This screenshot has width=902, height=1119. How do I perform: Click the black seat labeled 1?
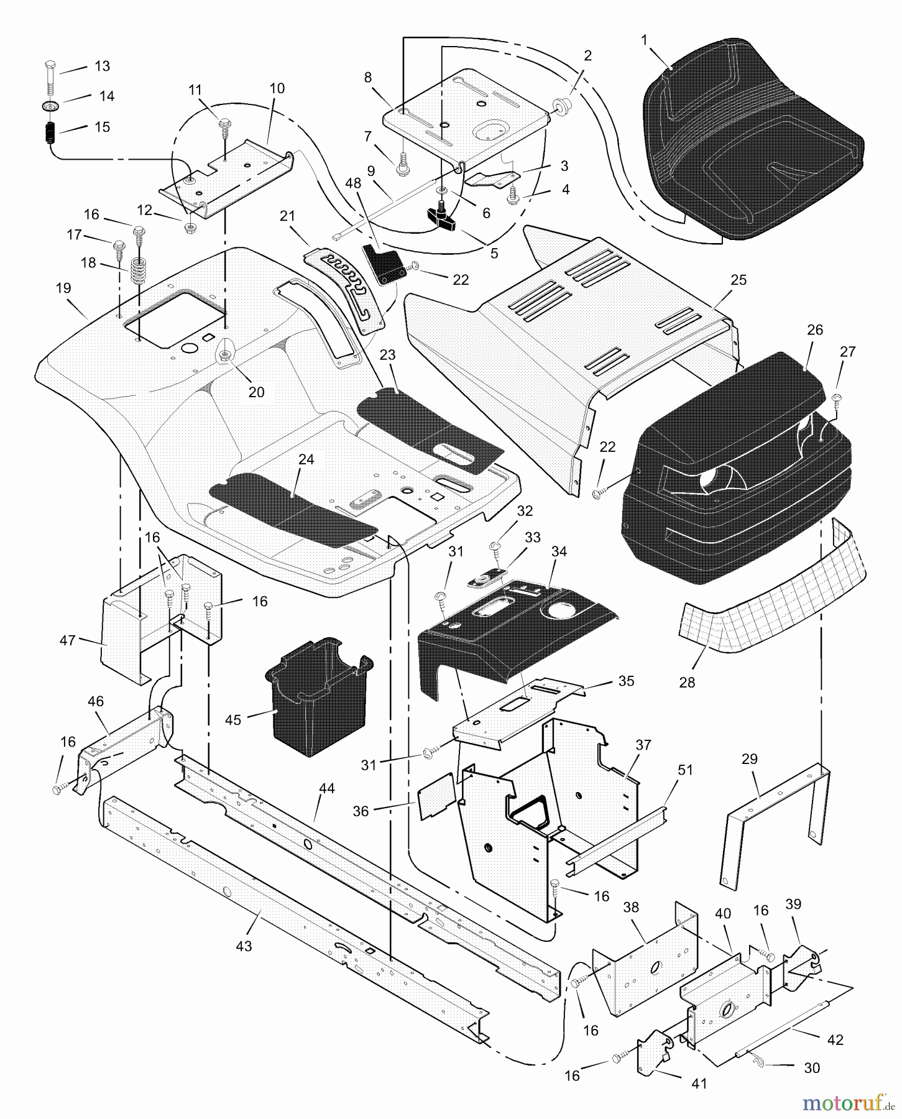click(752, 143)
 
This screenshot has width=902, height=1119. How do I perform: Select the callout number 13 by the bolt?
click(101, 66)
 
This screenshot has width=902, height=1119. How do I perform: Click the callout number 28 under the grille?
click(687, 682)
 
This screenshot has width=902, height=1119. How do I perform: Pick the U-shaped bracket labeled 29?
click(777, 821)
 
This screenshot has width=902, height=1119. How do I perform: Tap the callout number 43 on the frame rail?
click(244, 946)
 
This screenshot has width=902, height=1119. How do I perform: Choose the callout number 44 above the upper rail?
click(326, 788)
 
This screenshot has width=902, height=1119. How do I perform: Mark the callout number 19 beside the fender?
click(63, 288)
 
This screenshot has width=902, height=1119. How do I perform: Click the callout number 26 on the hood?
click(814, 329)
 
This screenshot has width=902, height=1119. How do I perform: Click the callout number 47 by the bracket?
click(67, 640)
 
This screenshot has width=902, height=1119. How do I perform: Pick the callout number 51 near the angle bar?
click(684, 770)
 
